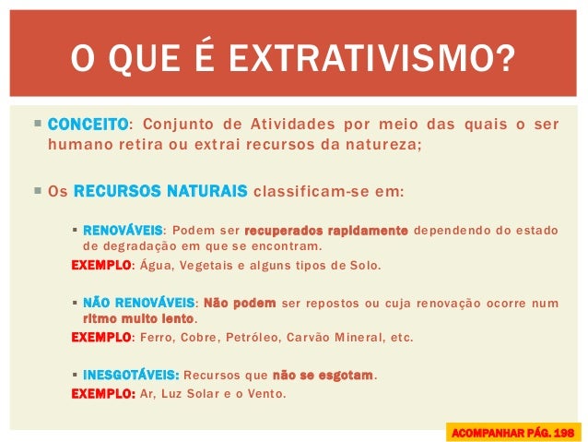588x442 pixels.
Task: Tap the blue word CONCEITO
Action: pos(87,125)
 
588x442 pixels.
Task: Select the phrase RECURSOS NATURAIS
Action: pos(159,192)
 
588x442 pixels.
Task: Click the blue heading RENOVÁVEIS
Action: pos(123,230)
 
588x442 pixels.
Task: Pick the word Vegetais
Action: pos(207,266)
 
